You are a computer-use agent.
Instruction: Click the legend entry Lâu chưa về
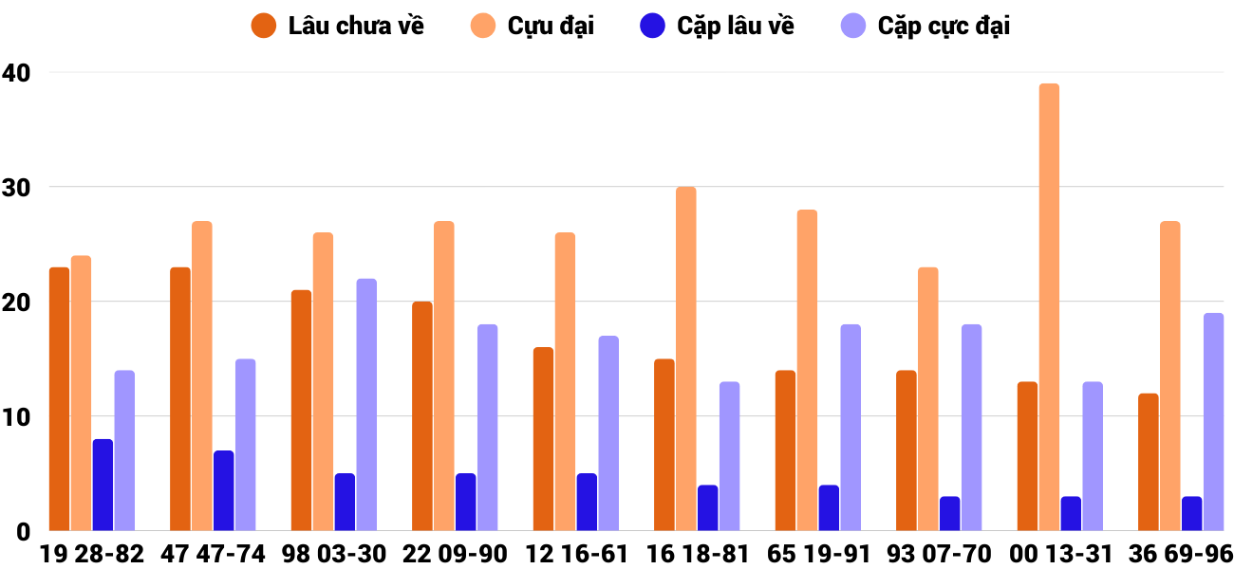(338, 26)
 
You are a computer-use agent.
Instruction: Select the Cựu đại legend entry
(533, 26)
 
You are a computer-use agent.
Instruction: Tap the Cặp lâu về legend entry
(717, 26)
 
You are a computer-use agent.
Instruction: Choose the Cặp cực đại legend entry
(925, 26)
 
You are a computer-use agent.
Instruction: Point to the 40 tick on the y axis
(16, 72)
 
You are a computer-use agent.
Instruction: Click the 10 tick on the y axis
(16, 416)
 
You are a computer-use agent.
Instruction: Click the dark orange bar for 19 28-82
(60, 399)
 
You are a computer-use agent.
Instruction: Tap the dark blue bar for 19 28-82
(103, 485)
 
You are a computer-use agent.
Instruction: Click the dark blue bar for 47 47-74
(224, 490)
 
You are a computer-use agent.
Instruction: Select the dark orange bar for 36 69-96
(1149, 462)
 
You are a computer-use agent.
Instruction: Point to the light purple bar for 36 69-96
(1213, 422)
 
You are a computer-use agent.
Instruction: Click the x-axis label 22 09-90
(455, 554)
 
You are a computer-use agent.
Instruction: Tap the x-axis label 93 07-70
(939, 554)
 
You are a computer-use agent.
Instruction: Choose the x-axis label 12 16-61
(576, 554)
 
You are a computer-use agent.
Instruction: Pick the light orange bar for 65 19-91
(807, 370)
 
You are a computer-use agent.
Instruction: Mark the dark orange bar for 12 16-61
(543, 439)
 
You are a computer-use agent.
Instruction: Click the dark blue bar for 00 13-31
(1071, 513)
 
